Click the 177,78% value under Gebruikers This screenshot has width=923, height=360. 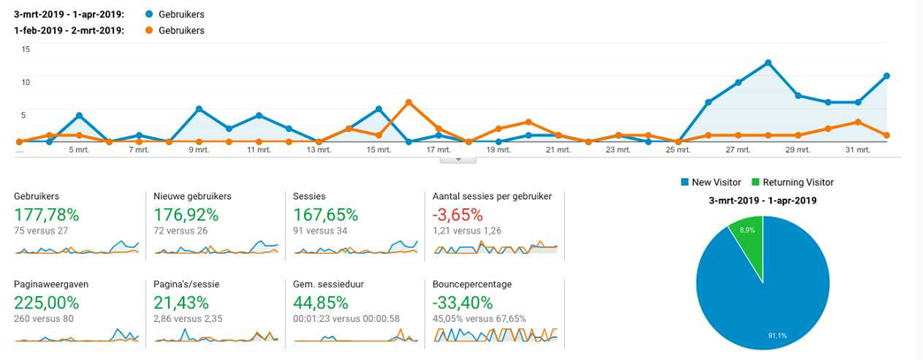[x=47, y=214]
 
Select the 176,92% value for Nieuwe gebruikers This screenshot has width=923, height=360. [x=186, y=214]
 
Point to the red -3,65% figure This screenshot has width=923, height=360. [x=457, y=214]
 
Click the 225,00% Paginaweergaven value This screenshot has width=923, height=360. [x=47, y=303]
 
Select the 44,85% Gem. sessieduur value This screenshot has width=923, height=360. [x=322, y=303]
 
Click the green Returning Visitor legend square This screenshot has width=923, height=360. [x=756, y=182]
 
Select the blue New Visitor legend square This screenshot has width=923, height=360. [x=684, y=182]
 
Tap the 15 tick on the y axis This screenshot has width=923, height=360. [x=26, y=50]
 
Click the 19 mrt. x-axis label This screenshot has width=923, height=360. [x=498, y=150]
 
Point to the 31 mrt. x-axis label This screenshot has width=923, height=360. [x=858, y=150]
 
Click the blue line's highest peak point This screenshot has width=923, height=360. [x=767, y=63]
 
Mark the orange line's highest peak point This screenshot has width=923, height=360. [x=408, y=102]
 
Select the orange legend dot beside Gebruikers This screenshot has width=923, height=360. [x=148, y=30]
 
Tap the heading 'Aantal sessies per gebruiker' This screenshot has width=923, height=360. [x=492, y=195]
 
